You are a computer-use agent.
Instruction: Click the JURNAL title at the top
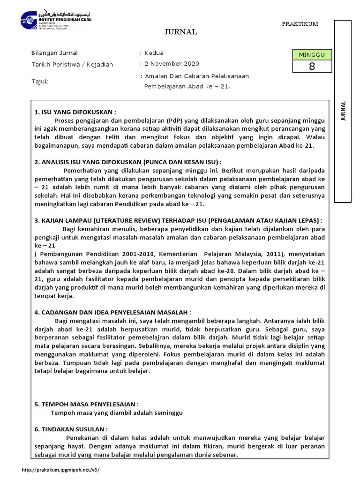click(180, 32)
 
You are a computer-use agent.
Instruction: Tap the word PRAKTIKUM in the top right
click(300, 24)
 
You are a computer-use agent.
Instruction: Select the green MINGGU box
click(312, 55)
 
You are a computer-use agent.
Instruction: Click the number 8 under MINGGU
click(312, 67)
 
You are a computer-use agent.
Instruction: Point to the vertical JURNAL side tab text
click(343, 111)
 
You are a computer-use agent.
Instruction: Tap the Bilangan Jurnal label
click(54, 52)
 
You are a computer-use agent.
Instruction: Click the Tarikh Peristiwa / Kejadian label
click(72, 64)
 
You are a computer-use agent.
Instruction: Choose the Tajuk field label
click(39, 82)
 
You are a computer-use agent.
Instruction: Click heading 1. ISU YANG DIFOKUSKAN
click(75, 112)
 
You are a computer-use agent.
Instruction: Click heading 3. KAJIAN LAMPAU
click(178, 220)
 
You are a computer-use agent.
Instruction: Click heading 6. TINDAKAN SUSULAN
click(71, 429)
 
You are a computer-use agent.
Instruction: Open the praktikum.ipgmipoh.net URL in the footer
click(61, 470)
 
